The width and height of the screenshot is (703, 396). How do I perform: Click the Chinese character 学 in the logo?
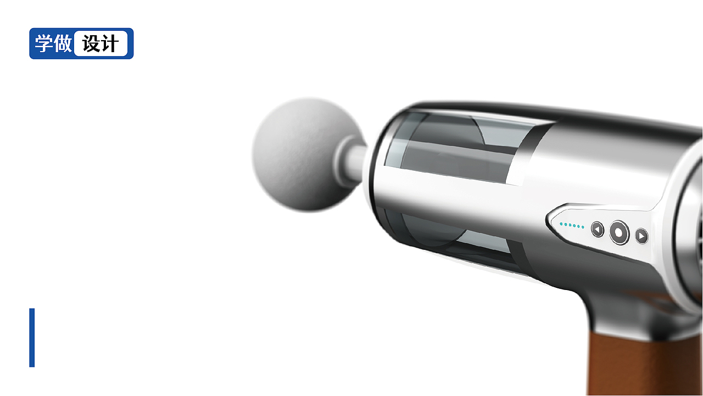43,43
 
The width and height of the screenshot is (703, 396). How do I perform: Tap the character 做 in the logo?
63,43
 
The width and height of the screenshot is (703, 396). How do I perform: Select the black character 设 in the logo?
91,43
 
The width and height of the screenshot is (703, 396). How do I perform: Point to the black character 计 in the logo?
110,43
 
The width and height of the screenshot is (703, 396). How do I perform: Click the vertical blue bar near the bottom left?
32,338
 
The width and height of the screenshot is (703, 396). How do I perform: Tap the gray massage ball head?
306,154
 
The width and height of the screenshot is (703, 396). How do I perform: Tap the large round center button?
619,232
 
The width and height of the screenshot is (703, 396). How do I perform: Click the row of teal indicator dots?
572,225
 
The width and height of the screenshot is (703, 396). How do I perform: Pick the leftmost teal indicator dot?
561,224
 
